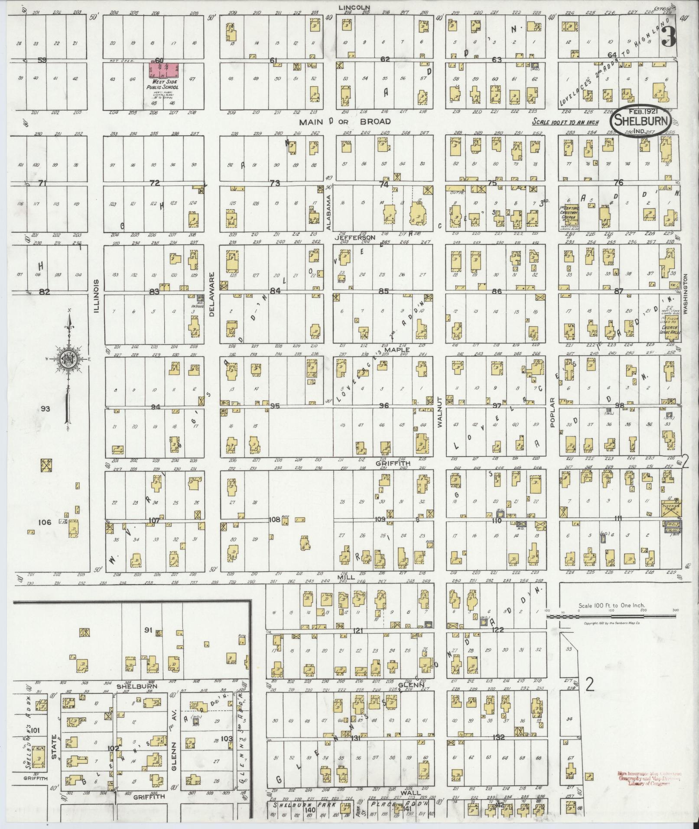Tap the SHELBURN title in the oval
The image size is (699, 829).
click(x=643, y=119)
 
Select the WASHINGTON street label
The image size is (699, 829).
click(x=686, y=294)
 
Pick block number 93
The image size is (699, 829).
click(x=45, y=408)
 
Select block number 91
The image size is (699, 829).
click(x=147, y=630)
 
